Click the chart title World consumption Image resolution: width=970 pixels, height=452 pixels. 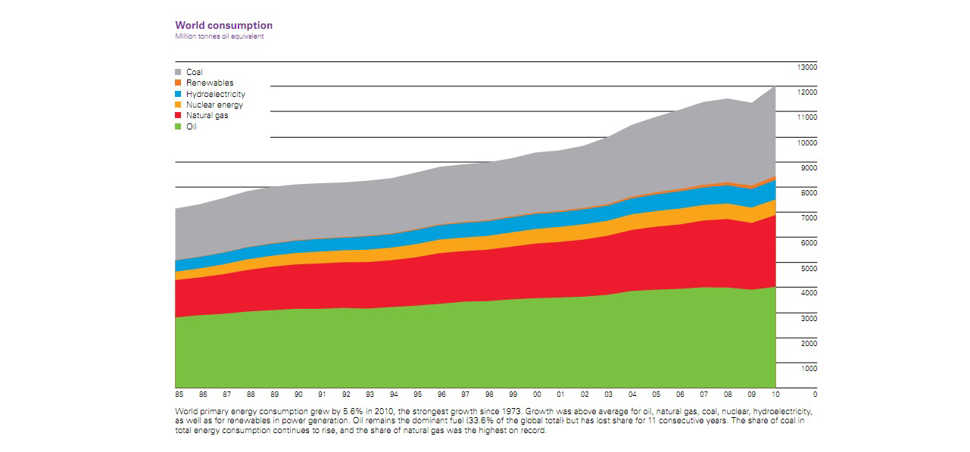tap(223, 26)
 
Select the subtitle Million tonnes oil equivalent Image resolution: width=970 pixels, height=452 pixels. tap(220, 36)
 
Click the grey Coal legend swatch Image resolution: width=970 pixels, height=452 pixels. tap(179, 73)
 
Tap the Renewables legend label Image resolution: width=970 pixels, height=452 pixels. tap(210, 83)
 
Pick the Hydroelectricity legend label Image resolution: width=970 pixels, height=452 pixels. tap(215, 94)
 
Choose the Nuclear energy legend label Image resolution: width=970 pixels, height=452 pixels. tap(214, 104)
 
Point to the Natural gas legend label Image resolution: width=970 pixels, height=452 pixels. tap(207, 115)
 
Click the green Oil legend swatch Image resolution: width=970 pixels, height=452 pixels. tap(179, 126)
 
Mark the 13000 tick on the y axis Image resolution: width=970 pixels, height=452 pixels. tap(807, 67)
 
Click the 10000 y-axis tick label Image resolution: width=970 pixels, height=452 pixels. tap(807, 142)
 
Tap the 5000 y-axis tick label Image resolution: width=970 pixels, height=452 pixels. tap(809, 268)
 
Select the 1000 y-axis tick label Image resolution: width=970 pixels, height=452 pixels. tap(809, 368)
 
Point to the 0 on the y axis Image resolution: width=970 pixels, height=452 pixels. tap(815, 394)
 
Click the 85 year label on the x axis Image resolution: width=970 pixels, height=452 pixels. tap(179, 394)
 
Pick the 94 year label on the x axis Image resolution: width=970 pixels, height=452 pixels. tap(395, 394)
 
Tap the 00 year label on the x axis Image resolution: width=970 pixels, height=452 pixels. tap(537, 394)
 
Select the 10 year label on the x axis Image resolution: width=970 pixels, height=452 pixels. tap(775, 394)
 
